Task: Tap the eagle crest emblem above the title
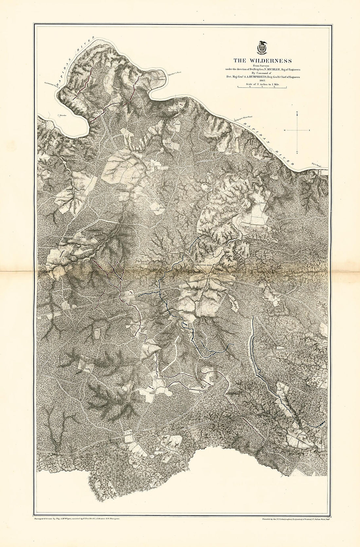tap(262, 47)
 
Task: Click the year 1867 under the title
tap(262, 80)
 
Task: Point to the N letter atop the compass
tap(297, 113)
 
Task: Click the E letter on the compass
tap(309, 131)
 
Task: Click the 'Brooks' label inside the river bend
tap(63, 115)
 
